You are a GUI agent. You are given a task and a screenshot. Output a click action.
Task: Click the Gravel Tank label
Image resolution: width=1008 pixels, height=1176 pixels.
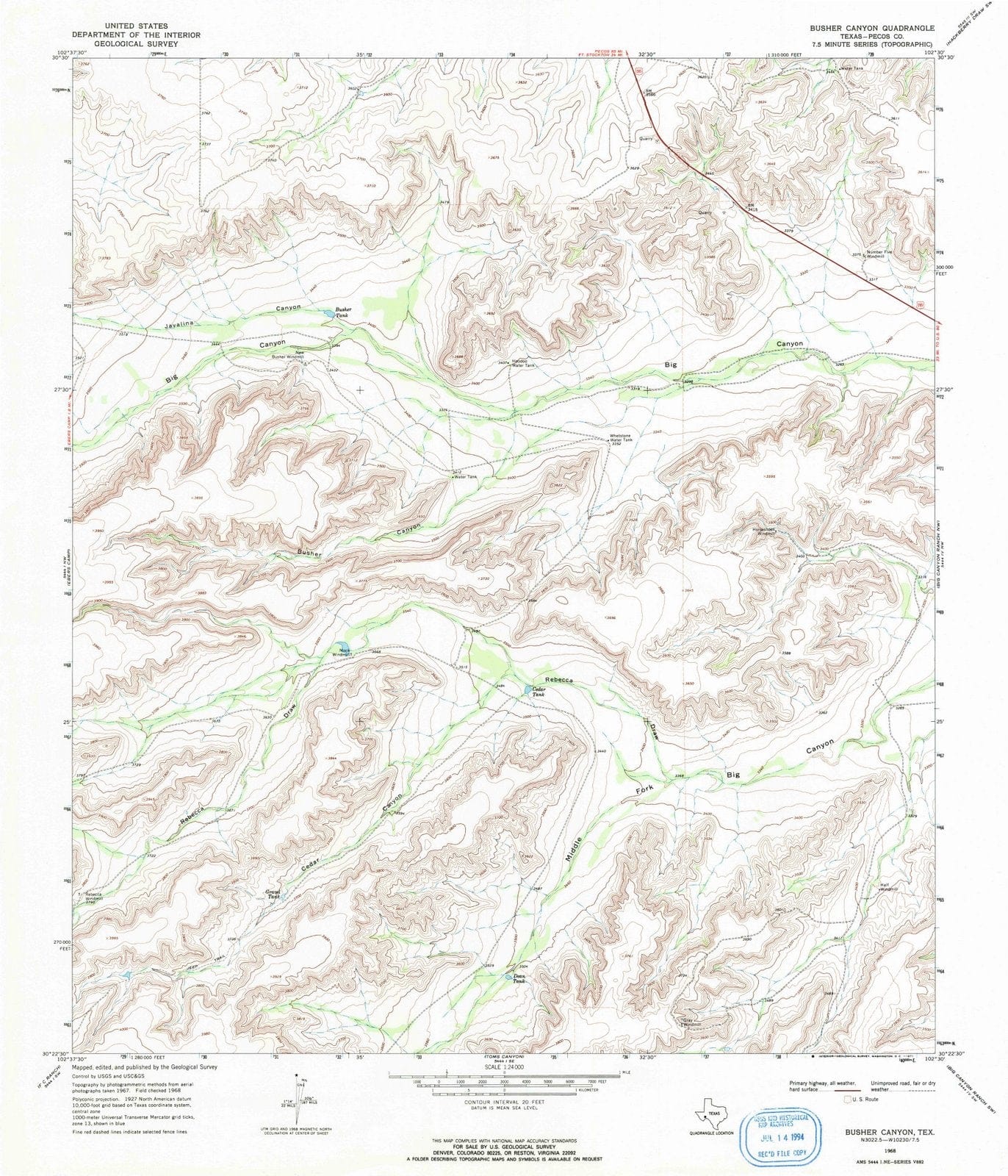pos(273,895)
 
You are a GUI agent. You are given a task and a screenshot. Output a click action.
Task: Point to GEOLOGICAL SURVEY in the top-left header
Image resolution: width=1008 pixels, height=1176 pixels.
pos(125,43)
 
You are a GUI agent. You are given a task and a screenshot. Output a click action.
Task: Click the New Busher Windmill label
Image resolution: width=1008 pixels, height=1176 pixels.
pos(289,355)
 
